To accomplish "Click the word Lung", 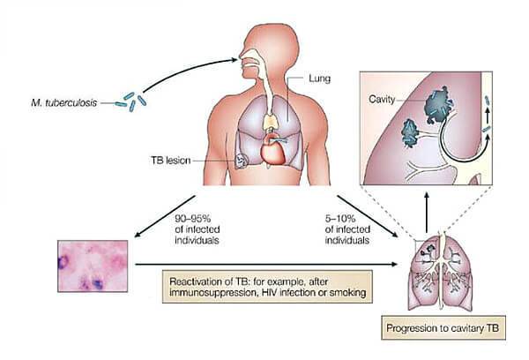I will click(x=318, y=78).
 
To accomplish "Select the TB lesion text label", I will click(x=173, y=161).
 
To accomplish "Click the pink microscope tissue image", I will click(x=94, y=265).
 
